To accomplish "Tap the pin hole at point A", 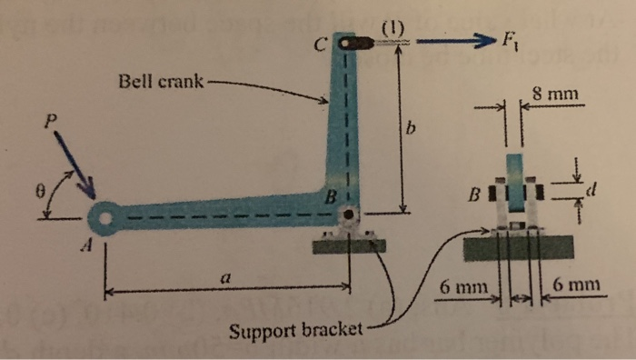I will pos(107,218).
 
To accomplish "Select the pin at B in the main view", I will pos(349,215).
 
